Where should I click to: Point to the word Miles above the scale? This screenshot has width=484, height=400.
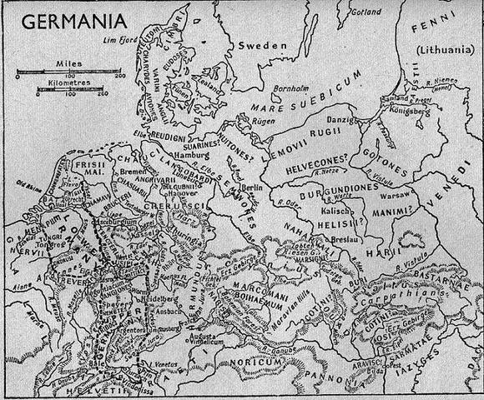point(57,62)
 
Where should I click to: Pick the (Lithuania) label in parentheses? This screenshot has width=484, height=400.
point(443,49)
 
